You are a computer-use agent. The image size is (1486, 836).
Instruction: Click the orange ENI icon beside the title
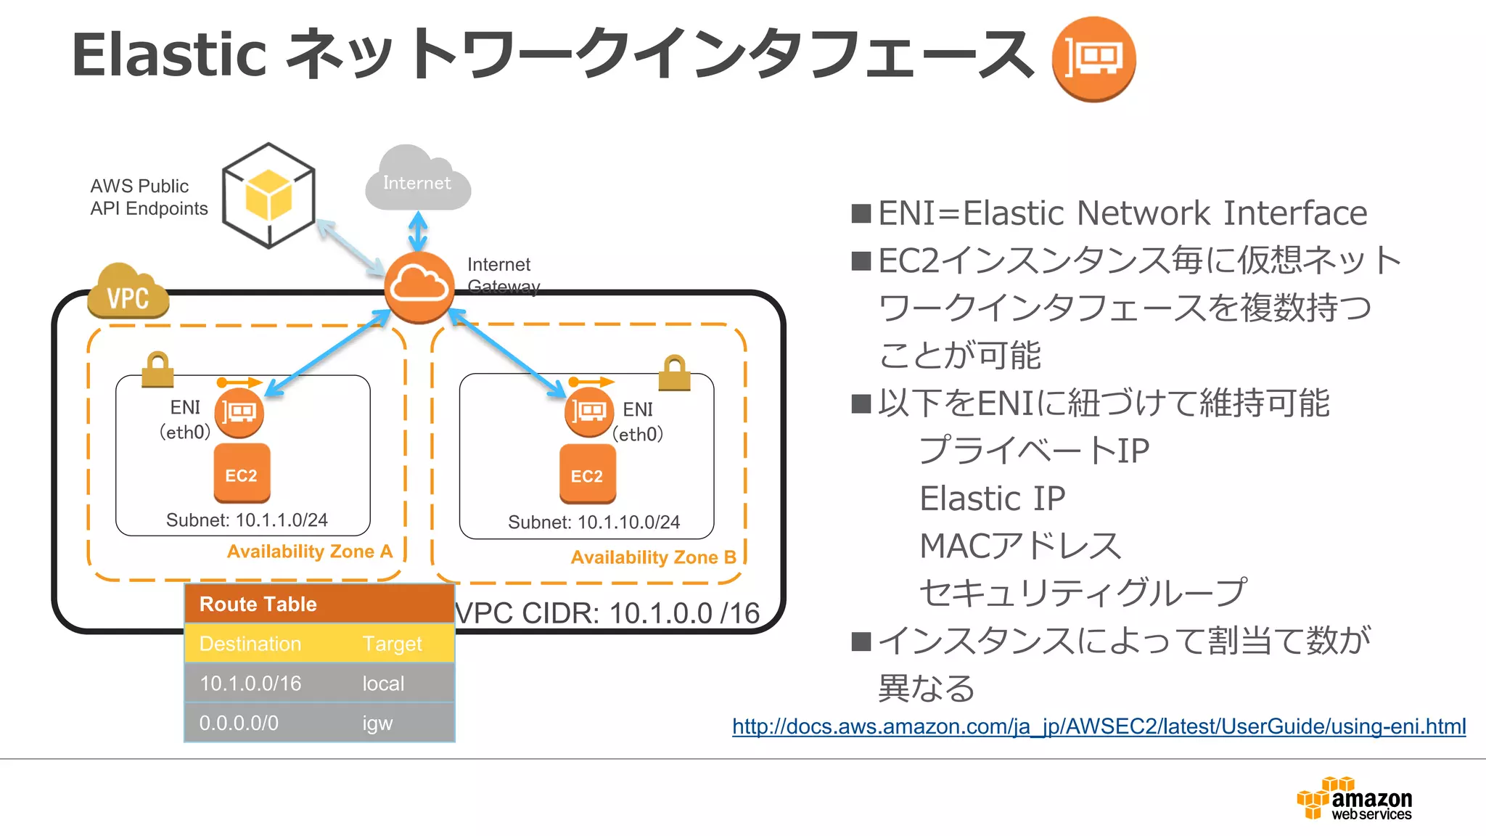(1093, 58)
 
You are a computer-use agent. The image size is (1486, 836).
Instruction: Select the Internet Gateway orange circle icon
(419, 287)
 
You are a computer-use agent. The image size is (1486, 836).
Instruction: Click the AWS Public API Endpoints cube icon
(268, 196)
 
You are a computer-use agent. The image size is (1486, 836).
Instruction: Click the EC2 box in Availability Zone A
(242, 474)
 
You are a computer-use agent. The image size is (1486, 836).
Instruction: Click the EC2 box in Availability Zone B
(587, 475)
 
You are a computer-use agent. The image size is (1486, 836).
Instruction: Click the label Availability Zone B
(653, 557)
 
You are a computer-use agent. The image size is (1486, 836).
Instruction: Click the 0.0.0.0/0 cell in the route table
(239, 723)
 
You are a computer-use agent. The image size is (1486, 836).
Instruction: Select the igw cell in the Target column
(377, 723)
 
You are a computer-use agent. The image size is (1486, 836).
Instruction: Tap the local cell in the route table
(383, 683)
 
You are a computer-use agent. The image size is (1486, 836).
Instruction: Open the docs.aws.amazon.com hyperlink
(1099, 726)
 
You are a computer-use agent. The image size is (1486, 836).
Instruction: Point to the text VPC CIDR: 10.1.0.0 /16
(608, 613)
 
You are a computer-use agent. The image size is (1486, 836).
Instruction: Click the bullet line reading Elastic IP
(992, 499)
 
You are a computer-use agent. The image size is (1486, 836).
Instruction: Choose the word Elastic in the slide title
(169, 55)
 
